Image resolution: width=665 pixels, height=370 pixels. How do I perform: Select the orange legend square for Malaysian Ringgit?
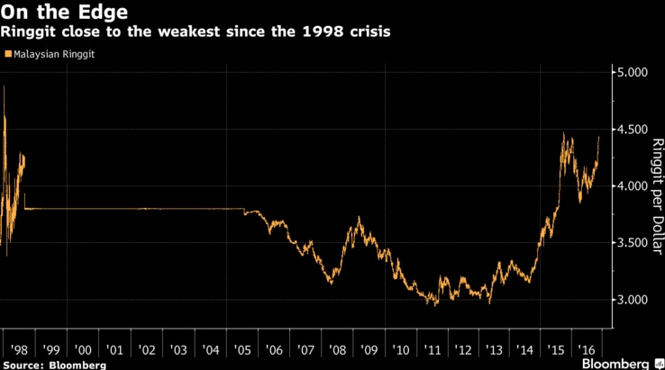[x=8, y=55]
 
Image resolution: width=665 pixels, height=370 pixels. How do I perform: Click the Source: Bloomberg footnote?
[x=53, y=365]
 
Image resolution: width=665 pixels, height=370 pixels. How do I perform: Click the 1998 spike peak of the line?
[x=5, y=86]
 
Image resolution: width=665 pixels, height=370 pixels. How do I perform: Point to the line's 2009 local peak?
[x=360, y=217]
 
